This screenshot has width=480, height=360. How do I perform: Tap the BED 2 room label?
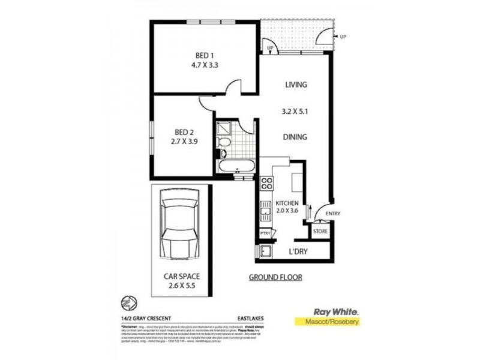(x=183, y=132)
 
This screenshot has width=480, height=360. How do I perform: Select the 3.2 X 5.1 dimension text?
(x=295, y=111)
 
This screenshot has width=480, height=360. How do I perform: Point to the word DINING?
(x=295, y=137)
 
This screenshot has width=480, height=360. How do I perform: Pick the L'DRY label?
(x=298, y=251)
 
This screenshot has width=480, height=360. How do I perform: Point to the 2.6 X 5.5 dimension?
(x=182, y=287)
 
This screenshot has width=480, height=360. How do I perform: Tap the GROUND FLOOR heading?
(x=275, y=277)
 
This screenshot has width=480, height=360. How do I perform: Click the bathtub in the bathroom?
(x=235, y=166)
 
